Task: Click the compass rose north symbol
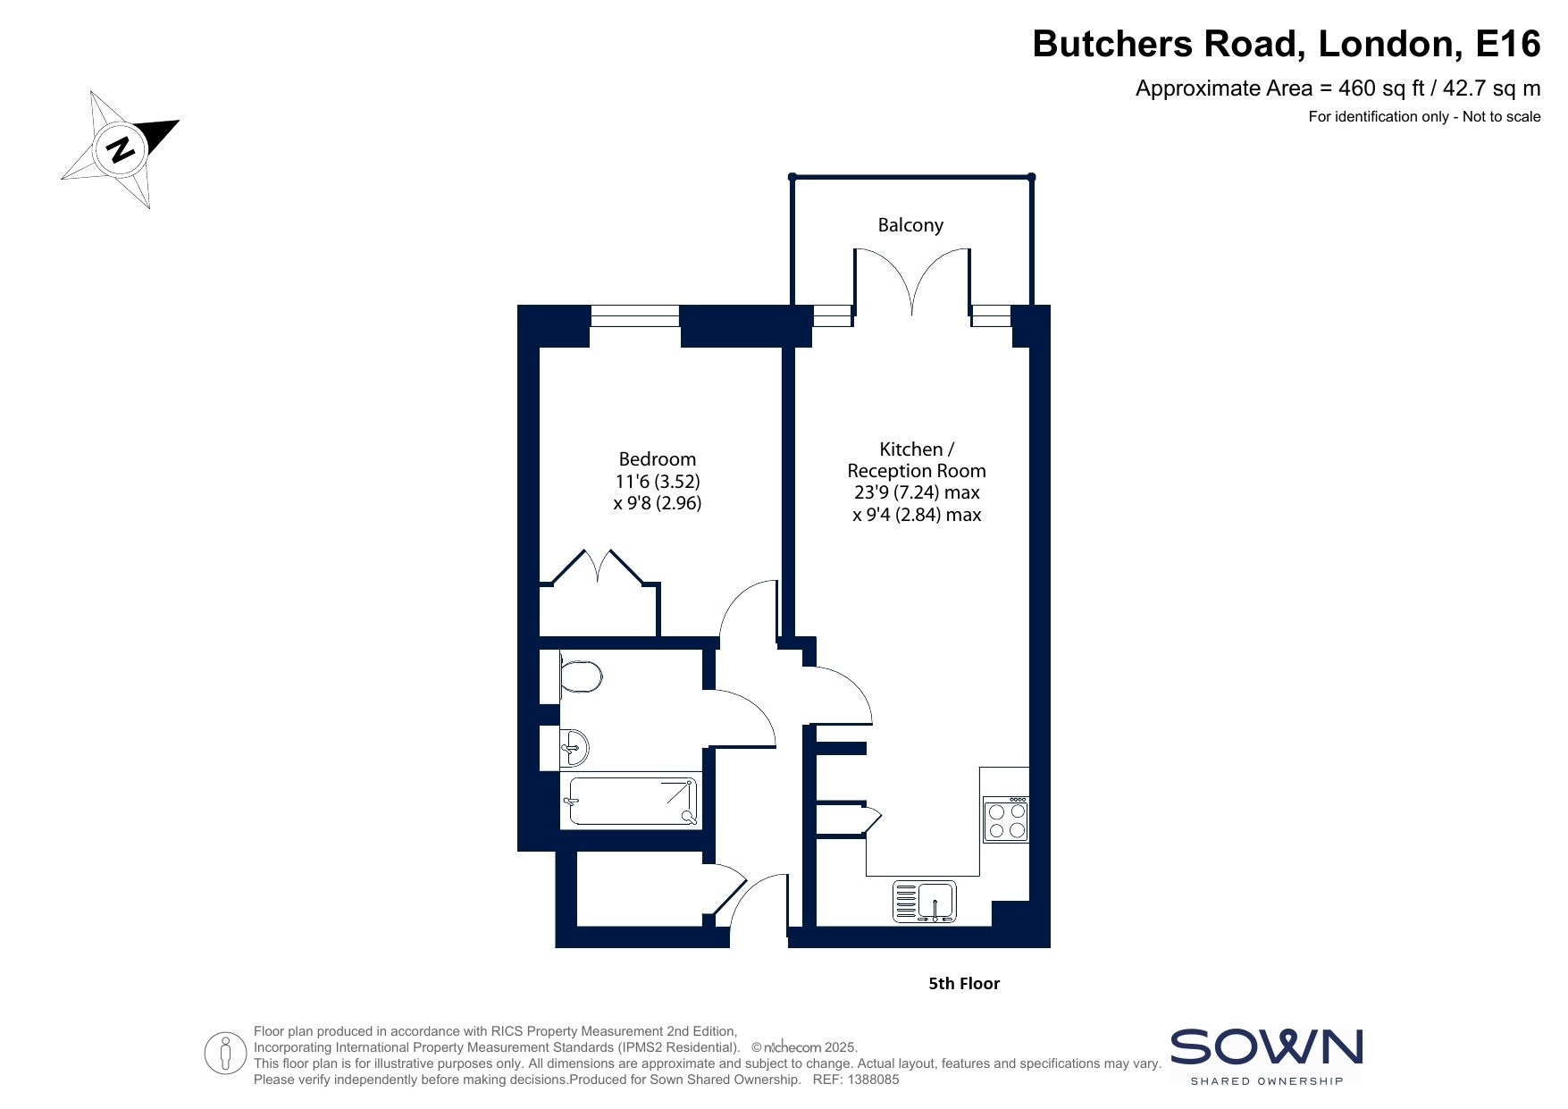tap(120, 149)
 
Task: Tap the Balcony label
tap(910, 225)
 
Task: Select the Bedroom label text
tap(658, 459)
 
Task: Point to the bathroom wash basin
tap(574, 747)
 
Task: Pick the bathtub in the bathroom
tap(632, 801)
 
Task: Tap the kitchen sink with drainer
tap(925, 902)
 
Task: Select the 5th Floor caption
tap(964, 984)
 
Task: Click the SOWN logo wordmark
tap(1267, 1047)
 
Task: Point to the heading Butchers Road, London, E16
tap(1287, 43)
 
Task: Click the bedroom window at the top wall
tap(635, 315)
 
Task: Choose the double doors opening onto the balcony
tap(912, 281)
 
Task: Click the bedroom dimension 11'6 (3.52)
tap(658, 482)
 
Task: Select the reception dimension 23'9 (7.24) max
tap(917, 492)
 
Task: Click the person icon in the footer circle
tap(225, 1054)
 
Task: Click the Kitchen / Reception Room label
tap(917, 459)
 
